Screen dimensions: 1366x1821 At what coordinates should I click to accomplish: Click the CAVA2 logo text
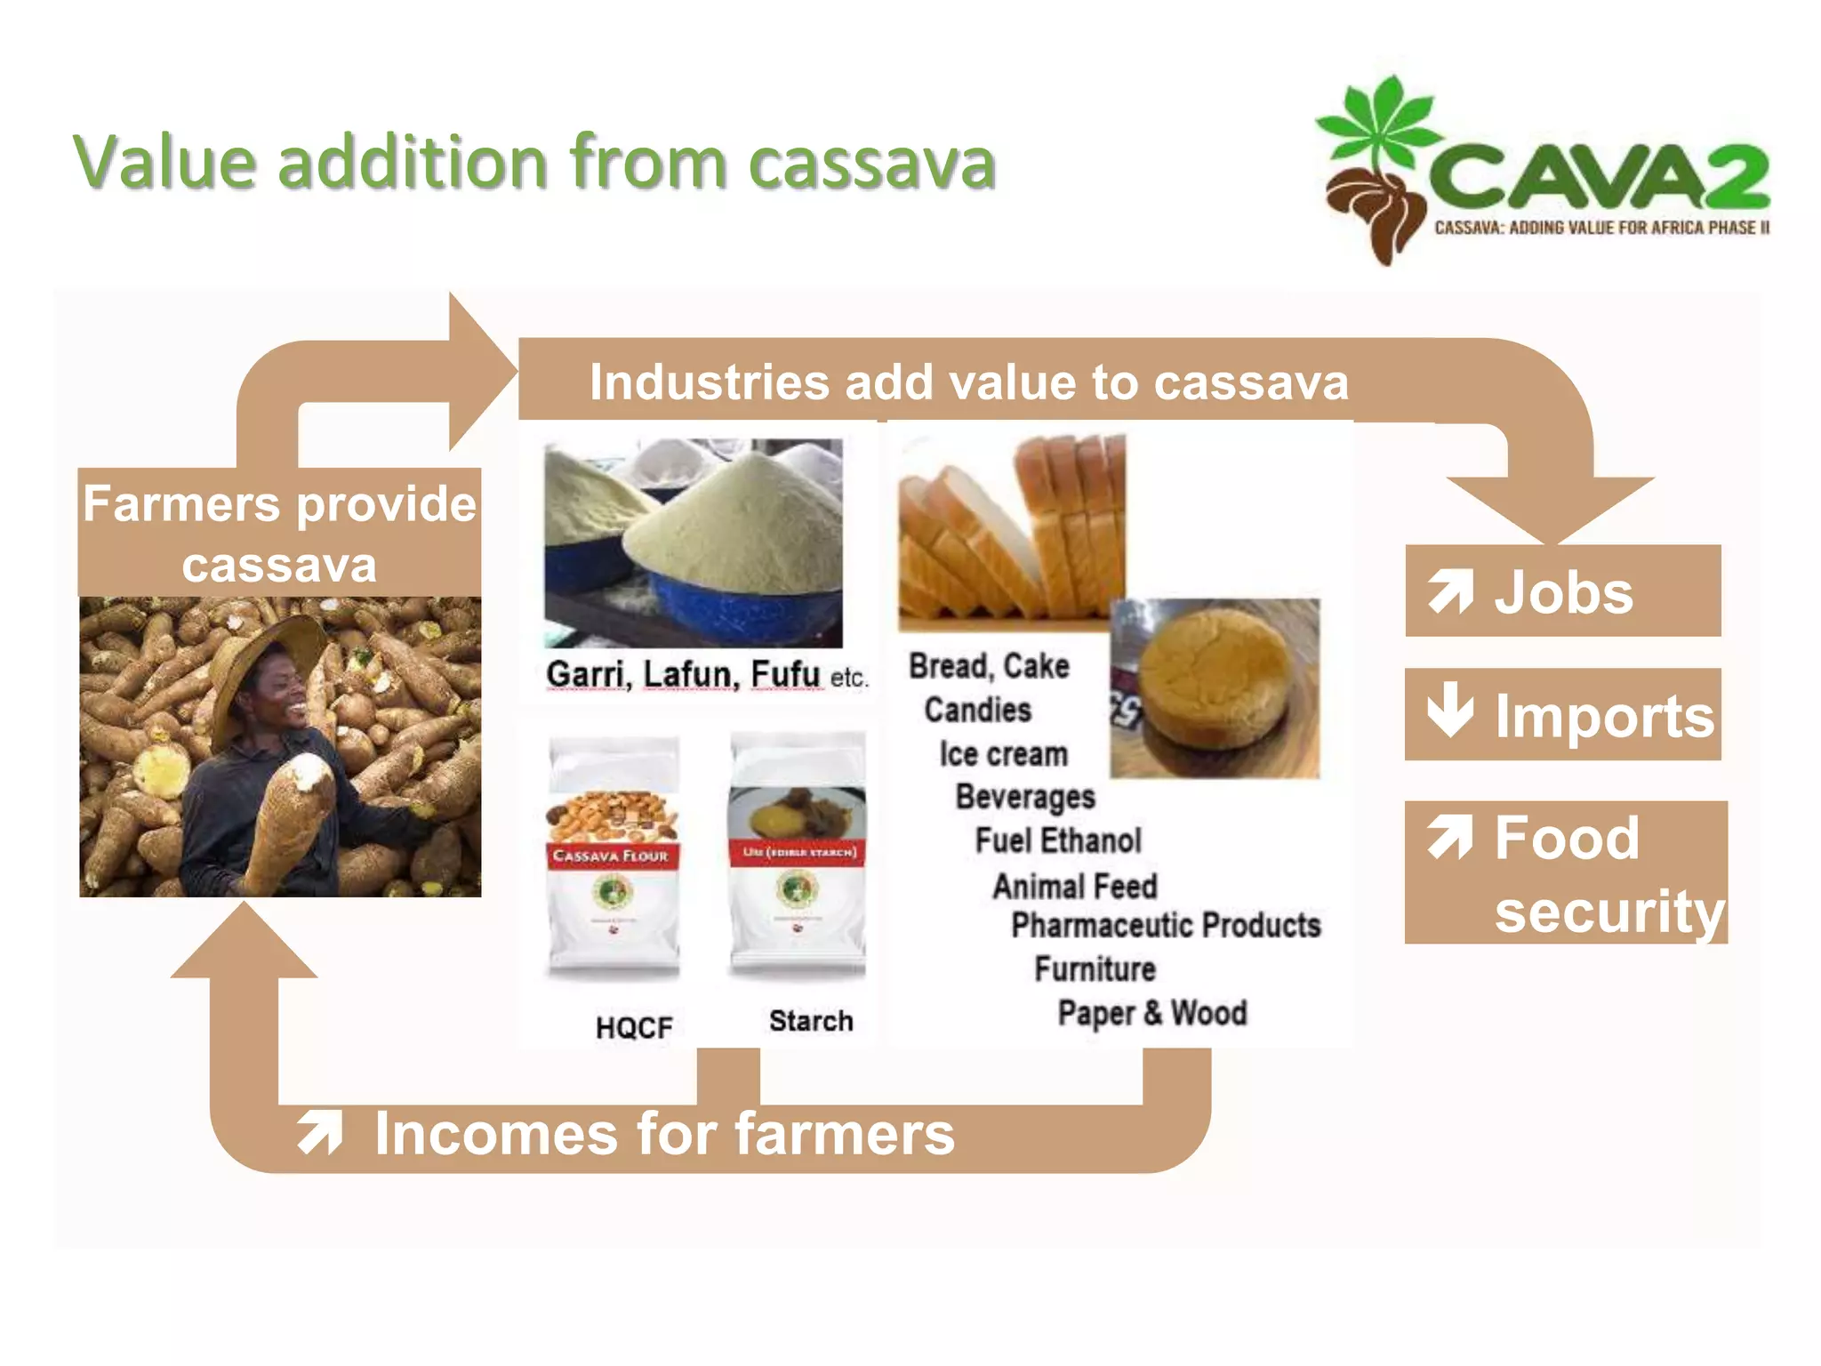pyautogui.click(x=1599, y=179)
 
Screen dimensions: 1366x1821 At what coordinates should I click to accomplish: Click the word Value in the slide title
pyautogui.click(x=164, y=163)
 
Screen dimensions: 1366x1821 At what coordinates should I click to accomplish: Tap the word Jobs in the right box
pyautogui.click(x=1563, y=592)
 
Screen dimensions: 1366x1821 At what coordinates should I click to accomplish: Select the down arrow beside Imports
pyautogui.click(x=1449, y=711)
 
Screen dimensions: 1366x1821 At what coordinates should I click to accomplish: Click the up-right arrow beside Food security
pyautogui.click(x=1450, y=838)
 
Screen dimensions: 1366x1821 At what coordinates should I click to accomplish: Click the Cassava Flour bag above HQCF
pyautogui.click(x=613, y=858)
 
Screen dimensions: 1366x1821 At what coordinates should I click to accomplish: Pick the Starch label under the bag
pyautogui.click(x=811, y=1021)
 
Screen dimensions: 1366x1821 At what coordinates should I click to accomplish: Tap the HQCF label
pyautogui.click(x=634, y=1028)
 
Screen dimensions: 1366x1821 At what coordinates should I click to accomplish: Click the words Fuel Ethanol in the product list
pyautogui.click(x=1058, y=840)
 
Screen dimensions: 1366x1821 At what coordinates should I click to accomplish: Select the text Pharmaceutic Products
pyautogui.click(x=1166, y=926)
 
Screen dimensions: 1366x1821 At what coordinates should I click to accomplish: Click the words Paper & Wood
pyautogui.click(x=1152, y=1013)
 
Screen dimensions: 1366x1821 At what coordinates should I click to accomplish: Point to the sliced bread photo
pyautogui.click(x=1011, y=529)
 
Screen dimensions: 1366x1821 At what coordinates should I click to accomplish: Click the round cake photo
pyautogui.click(x=1215, y=687)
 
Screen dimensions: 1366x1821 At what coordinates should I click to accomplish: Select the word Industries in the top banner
pyautogui.click(x=710, y=382)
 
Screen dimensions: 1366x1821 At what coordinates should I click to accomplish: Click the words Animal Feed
pyautogui.click(x=1075, y=886)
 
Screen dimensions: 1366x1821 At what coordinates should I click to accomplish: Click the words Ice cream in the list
pyautogui.click(x=1003, y=754)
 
